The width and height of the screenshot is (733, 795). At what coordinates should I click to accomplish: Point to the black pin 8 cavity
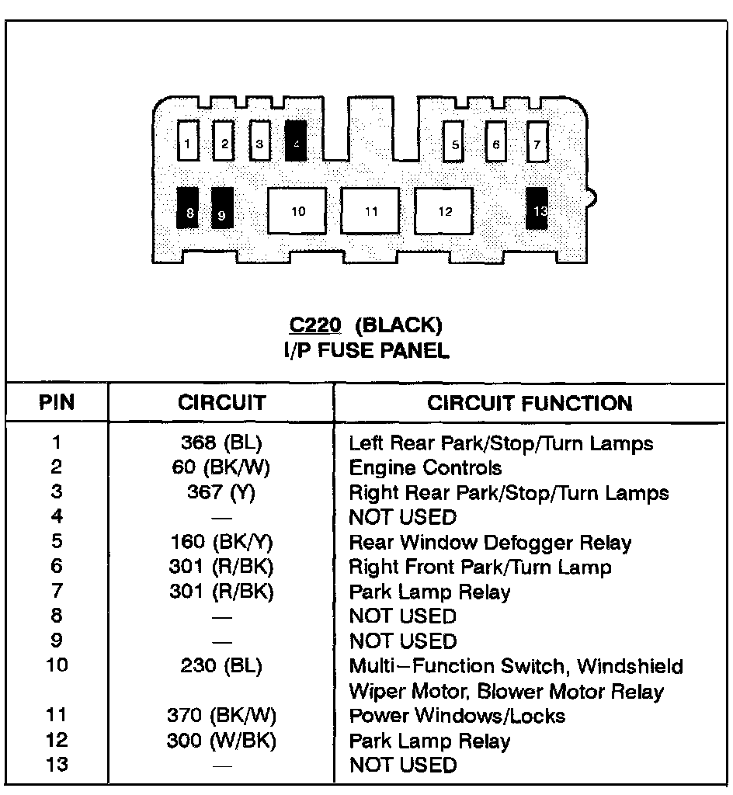point(188,209)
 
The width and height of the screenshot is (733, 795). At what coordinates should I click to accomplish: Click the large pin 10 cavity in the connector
point(298,210)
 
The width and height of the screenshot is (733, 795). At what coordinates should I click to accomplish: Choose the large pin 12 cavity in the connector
point(444,210)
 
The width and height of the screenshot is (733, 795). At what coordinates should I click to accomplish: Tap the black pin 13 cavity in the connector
point(537,209)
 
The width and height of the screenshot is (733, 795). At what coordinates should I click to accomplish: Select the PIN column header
point(56,403)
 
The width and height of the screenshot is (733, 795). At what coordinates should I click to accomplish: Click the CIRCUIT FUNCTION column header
point(530,403)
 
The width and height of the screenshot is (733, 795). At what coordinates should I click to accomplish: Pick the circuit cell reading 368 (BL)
point(221,443)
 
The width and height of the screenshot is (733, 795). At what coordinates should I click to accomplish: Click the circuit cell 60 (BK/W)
point(221,468)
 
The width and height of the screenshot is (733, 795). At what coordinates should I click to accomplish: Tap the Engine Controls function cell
point(425,468)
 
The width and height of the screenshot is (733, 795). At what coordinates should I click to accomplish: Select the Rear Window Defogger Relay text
point(490,543)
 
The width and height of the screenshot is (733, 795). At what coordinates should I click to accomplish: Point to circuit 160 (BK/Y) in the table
point(221,543)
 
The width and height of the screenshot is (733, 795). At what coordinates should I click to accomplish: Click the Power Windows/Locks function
point(457,716)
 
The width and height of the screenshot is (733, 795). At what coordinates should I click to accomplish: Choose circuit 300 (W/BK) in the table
point(221,741)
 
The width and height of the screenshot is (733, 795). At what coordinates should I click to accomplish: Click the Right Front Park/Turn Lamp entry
point(480,568)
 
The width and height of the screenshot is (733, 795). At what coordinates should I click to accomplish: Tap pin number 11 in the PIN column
point(56,716)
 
